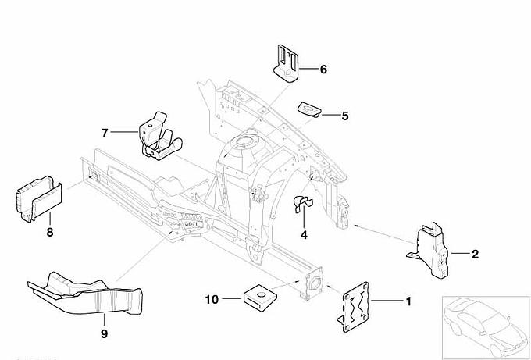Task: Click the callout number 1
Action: click(x=406, y=300)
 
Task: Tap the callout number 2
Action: click(x=475, y=254)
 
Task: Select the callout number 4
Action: click(x=305, y=234)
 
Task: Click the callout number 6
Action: click(x=323, y=69)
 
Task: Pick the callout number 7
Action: click(x=103, y=132)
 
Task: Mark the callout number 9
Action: click(x=103, y=335)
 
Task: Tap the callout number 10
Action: click(x=212, y=298)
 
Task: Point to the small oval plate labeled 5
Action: click(x=311, y=109)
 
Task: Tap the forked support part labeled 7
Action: click(x=159, y=137)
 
